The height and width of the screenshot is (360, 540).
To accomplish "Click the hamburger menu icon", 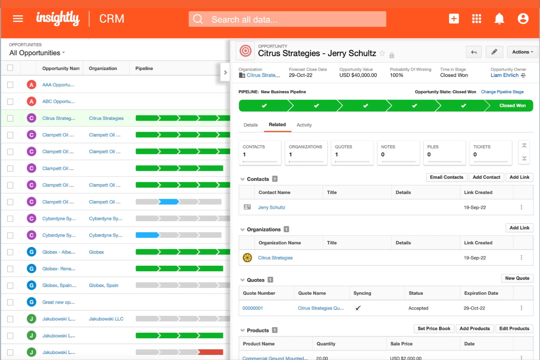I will pyautogui.click(x=18, y=19).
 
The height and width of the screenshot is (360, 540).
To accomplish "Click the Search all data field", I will pyautogui.click(x=287, y=19).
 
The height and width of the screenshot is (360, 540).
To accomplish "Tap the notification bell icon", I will pyautogui.click(x=499, y=19).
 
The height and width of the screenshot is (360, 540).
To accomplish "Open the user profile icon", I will pyautogui.click(x=523, y=19).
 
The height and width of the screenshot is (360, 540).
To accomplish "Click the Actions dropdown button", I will pyautogui.click(x=522, y=52).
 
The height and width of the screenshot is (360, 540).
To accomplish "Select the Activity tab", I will pyautogui.click(x=304, y=125).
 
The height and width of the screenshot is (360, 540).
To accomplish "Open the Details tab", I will pyautogui.click(x=251, y=125).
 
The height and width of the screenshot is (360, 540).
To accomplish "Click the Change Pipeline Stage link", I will pyautogui.click(x=502, y=92).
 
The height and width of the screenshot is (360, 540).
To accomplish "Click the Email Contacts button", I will pyautogui.click(x=446, y=177).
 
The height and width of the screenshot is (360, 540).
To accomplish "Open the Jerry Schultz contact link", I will pyautogui.click(x=271, y=208).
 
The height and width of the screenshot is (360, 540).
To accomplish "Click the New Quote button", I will pyautogui.click(x=517, y=278).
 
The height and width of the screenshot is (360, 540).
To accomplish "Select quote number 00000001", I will pyautogui.click(x=252, y=308).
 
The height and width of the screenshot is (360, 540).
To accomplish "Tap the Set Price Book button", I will pyautogui.click(x=434, y=329).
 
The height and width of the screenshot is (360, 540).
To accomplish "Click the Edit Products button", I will pyautogui.click(x=514, y=329).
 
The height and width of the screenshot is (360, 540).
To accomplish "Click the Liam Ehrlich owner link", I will pyautogui.click(x=504, y=76).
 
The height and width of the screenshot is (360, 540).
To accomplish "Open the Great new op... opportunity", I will pyautogui.click(x=58, y=302).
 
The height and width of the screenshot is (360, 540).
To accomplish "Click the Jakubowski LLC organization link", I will pyautogui.click(x=106, y=319).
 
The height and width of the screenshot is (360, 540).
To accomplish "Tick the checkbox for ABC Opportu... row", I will pyautogui.click(x=10, y=102).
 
